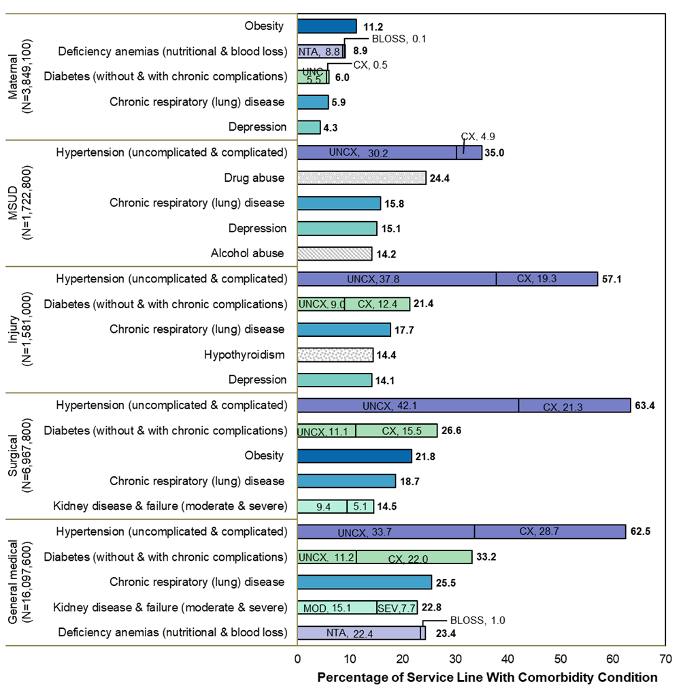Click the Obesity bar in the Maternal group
(327, 26)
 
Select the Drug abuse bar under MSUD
(362, 178)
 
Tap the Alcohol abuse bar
(335, 253)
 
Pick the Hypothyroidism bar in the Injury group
(335, 355)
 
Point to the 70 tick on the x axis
(665, 659)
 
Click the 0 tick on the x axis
(298, 659)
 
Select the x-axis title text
(487, 677)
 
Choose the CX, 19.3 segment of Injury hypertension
(547, 278)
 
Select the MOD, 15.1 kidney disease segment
(337, 607)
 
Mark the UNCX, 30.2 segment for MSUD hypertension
(377, 152)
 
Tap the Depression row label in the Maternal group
(258, 127)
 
